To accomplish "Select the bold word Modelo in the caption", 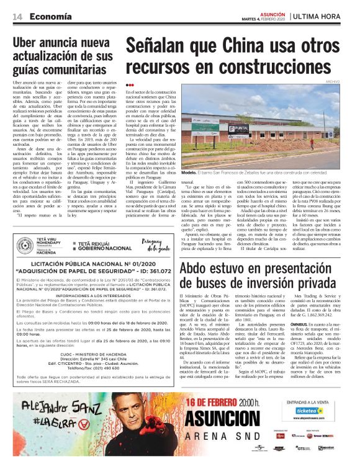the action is tap(192, 172).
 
